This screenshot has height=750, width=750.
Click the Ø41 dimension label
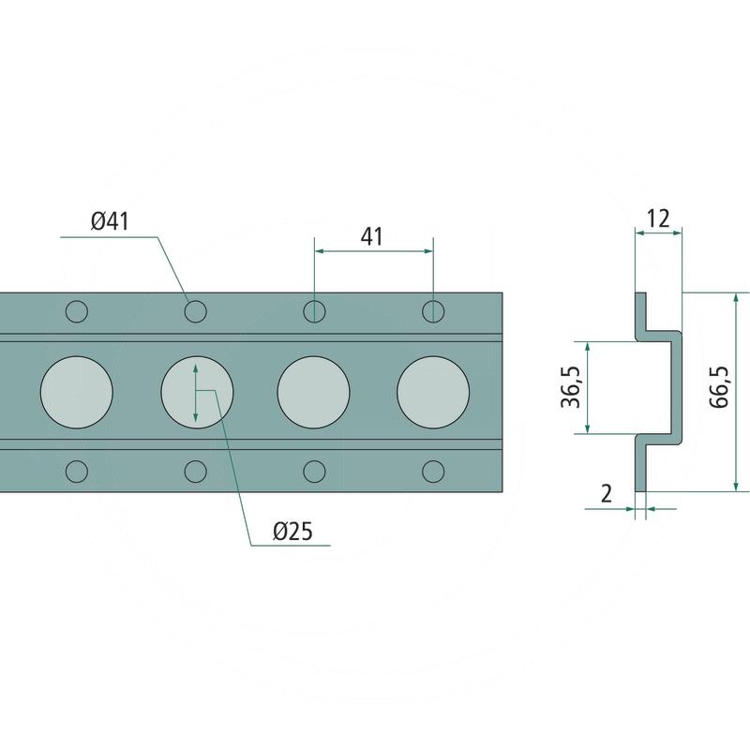tap(109, 222)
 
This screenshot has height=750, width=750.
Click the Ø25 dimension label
tap(292, 532)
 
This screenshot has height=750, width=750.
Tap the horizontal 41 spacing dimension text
tap(372, 236)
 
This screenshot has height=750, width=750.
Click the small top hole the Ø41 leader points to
tap(195, 310)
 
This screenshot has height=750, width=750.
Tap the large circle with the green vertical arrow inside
tap(196, 390)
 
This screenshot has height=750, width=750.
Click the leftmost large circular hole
tap(77, 390)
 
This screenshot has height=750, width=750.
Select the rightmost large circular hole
tap(433, 390)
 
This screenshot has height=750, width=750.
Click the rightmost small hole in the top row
tap(433, 310)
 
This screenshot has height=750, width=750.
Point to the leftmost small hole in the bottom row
tap(77, 470)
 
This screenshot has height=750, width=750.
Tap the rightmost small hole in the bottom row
tap(433, 470)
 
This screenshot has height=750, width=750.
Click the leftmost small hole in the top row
tap(77, 310)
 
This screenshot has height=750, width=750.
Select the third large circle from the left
tap(314, 390)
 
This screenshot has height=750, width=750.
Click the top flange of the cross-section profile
tap(641, 311)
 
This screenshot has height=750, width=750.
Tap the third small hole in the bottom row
tap(314, 470)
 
